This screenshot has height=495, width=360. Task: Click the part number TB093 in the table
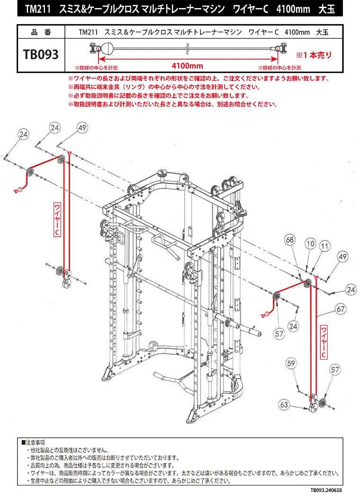pyautogui.click(x=41, y=54)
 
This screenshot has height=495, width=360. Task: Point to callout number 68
pyautogui.click(x=290, y=241)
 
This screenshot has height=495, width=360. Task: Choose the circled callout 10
pyautogui.click(x=310, y=244)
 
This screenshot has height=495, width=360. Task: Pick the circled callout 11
pyautogui.click(x=324, y=246)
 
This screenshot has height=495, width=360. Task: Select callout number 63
pyautogui.click(x=284, y=405)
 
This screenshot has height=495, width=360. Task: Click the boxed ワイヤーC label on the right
pyautogui.click(x=324, y=341)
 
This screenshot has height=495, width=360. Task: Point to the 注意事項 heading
pyautogui.click(x=35, y=442)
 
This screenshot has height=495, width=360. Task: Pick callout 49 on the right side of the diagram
pyautogui.click(x=343, y=257)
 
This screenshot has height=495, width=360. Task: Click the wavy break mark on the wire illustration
pyautogui.click(x=188, y=47)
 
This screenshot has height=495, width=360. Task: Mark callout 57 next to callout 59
pyautogui.click(x=335, y=369)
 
